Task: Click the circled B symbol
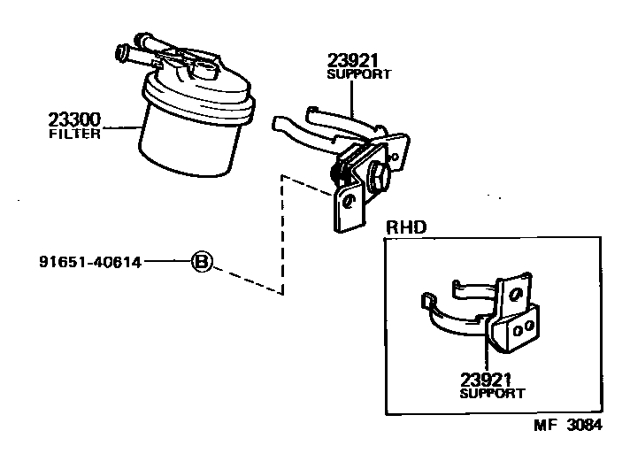[x=202, y=262]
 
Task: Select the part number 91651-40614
[x=90, y=262]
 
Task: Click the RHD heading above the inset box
[x=406, y=227]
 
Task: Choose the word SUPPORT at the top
[x=358, y=75]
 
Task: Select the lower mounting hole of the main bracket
[x=350, y=202]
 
